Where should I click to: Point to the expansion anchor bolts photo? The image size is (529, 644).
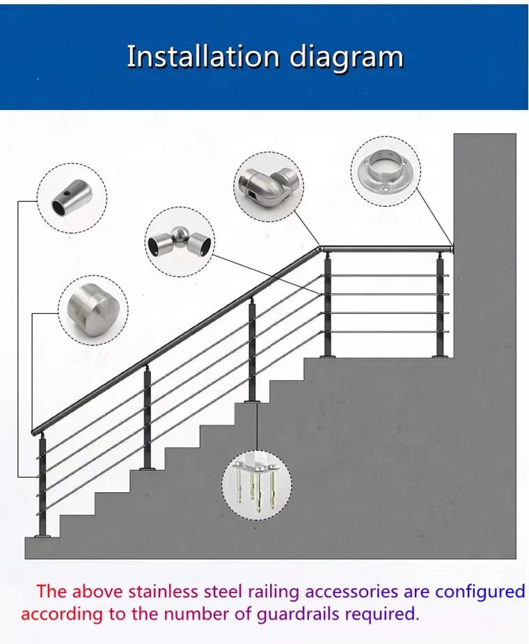(257, 485)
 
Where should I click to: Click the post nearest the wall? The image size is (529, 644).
(440, 306)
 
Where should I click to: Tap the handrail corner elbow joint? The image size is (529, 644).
(320, 249)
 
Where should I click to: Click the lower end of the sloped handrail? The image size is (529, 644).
(35, 431)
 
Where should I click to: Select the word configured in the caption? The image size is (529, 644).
(480, 592)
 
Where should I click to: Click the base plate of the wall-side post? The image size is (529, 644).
(440, 356)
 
